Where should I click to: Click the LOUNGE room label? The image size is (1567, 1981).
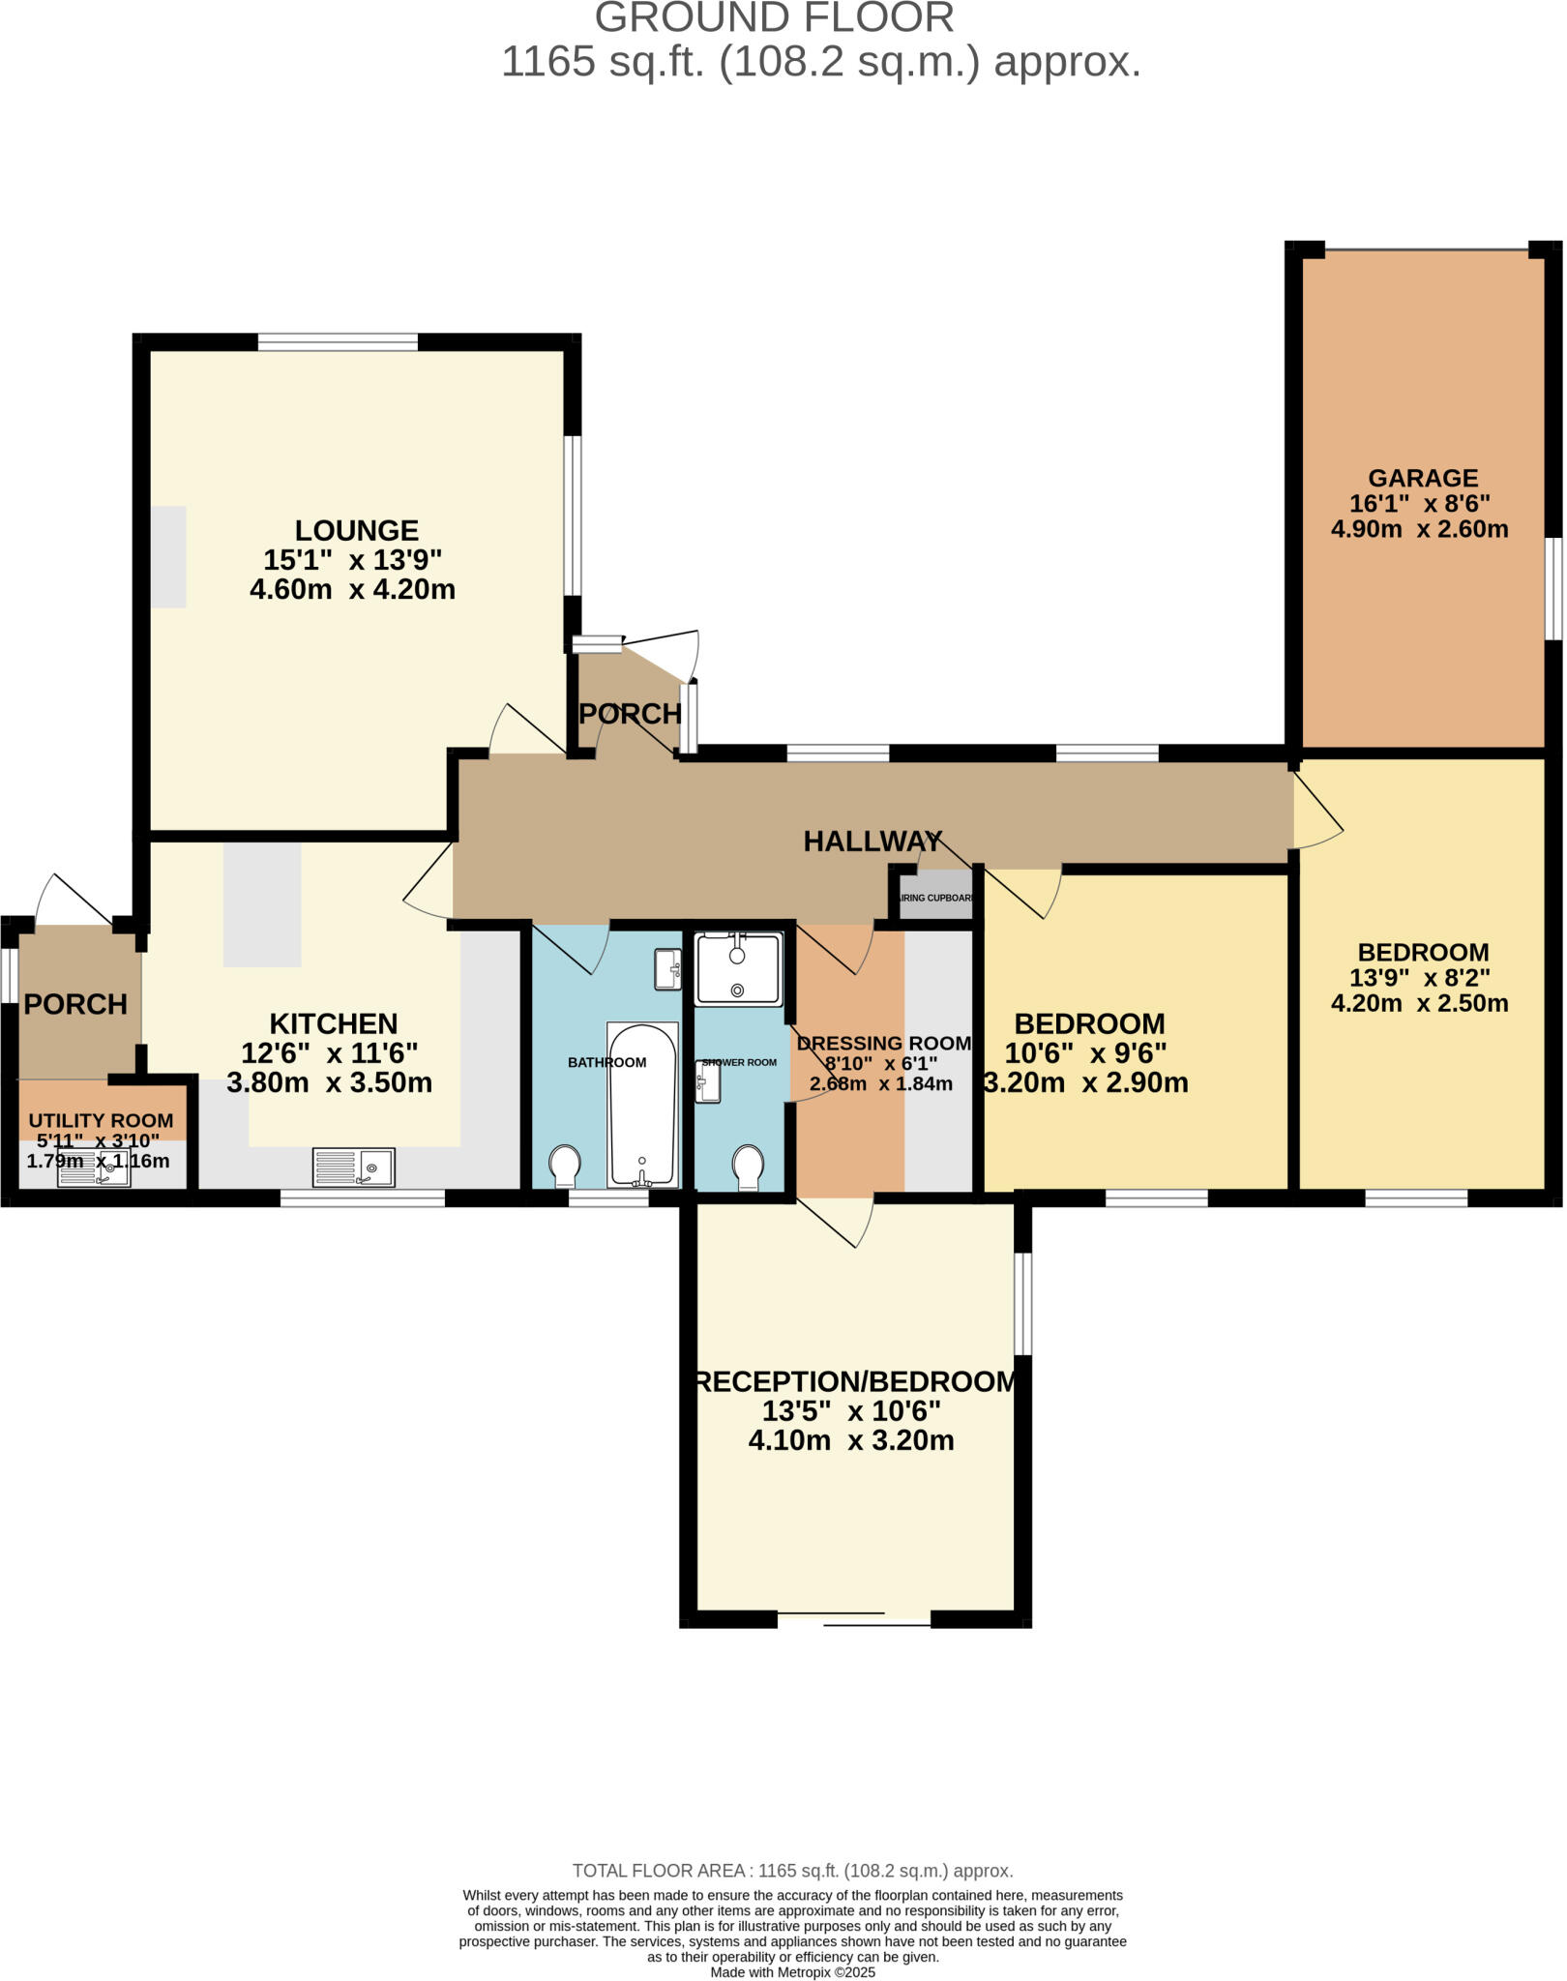click(356, 530)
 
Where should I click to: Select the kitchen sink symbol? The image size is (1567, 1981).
click(353, 1167)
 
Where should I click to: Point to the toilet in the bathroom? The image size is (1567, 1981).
click(565, 1165)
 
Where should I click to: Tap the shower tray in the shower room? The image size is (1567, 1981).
click(738, 968)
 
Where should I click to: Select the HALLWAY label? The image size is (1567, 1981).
click(872, 842)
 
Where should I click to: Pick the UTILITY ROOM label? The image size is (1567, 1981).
click(101, 1120)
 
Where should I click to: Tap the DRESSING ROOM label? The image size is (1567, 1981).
click(883, 1043)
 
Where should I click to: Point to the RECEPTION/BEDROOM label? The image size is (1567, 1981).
click(856, 1381)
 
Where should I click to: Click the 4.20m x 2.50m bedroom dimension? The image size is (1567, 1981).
click(1419, 1003)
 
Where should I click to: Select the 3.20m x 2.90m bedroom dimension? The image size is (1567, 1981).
click(1086, 1082)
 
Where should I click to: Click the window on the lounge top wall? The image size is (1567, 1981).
click(338, 341)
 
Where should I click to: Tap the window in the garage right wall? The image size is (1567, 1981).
click(1552, 588)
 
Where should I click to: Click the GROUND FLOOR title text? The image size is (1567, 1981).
click(774, 17)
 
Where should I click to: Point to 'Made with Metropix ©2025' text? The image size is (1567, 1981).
click(792, 1971)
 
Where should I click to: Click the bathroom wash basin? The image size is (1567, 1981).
click(667, 969)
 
